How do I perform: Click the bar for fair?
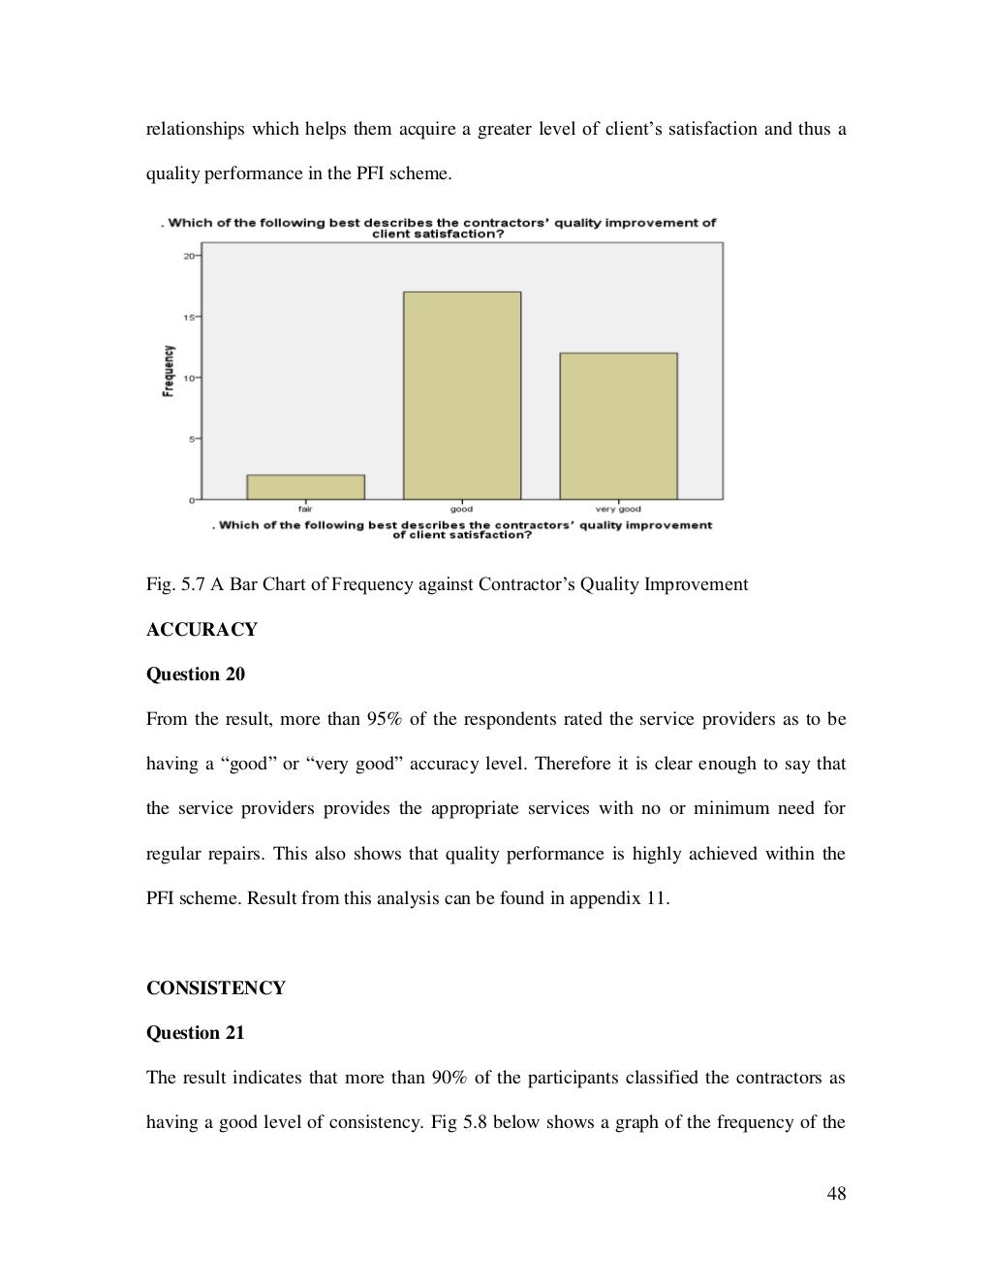[x=305, y=486]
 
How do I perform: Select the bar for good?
[x=462, y=395]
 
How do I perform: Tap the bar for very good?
[x=618, y=425]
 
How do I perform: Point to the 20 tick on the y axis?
[x=188, y=256]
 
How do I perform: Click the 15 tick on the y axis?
[x=188, y=317]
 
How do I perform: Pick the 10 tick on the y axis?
[x=188, y=378]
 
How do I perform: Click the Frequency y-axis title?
[x=170, y=371]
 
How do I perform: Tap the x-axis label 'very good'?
[x=618, y=509]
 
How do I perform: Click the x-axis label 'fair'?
[x=305, y=509]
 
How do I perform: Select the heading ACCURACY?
[x=201, y=630]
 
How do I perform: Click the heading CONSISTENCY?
[x=215, y=988]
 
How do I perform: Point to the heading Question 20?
[x=195, y=674]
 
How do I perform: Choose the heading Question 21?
[x=195, y=1033]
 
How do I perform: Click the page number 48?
[x=836, y=1194]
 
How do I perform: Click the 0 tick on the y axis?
[x=192, y=500]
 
